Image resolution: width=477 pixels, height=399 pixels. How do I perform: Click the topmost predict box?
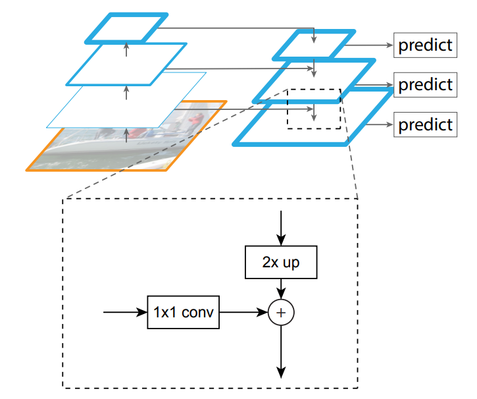pyautogui.click(x=424, y=45)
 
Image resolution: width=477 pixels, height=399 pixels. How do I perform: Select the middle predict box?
pyautogui.click(x=424, y=85)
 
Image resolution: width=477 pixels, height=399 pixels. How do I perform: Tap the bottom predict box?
pyautogui.click(x=424, y=124)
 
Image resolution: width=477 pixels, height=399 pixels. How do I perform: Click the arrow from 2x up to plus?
pyautogui.click(x=281, y=290)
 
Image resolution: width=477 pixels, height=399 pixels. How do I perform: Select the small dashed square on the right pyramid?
pyautogui.click(x=313, y=109)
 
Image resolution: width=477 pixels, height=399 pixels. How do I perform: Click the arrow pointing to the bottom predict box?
pyautogui.click(x=378, y=124)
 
